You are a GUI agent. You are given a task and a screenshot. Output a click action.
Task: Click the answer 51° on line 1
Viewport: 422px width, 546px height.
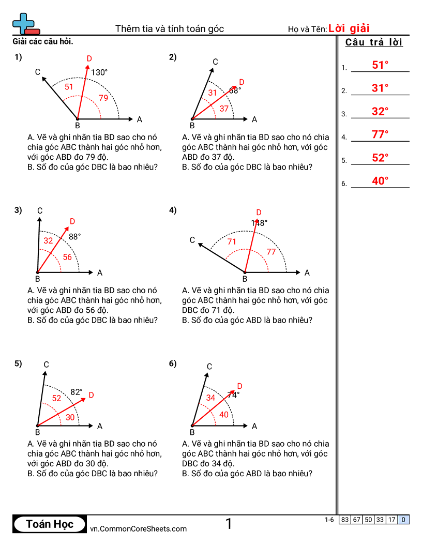(380, 65)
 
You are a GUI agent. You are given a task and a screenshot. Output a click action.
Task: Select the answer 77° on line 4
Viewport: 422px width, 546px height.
(380, 135)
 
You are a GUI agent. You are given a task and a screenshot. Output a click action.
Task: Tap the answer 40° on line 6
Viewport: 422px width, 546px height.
(380, 181)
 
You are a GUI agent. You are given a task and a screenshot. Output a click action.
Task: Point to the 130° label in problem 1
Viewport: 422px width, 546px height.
(99, 72)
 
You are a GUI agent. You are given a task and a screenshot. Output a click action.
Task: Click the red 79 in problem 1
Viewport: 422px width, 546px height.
(103, 98)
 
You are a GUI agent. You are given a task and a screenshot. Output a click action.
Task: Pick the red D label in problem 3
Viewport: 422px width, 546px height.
(72, 221)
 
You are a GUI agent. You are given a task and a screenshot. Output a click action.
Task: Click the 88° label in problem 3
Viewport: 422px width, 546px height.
(75, 236)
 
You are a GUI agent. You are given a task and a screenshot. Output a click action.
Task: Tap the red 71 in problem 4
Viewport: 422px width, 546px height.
(232, 241)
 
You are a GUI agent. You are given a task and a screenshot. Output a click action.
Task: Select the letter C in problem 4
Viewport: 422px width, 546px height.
(192, 240)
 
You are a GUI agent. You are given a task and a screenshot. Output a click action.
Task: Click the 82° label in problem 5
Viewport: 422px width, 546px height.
(77, 392)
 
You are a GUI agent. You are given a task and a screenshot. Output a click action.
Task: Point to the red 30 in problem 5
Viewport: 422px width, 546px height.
(70, 417)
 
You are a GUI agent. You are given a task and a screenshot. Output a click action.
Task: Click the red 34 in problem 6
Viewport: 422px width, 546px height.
(210, 398)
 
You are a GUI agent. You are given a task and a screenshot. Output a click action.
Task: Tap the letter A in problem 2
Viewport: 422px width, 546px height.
(254, 119)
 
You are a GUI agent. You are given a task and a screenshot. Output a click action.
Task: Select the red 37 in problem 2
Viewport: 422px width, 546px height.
(224, 109)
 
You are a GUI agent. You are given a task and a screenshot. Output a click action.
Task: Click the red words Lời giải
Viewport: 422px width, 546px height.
(349, 28)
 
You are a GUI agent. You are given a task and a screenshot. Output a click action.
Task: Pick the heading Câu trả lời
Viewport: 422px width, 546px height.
(374, 42)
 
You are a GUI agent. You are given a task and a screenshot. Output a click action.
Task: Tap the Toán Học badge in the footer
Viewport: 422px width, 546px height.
(50, 524)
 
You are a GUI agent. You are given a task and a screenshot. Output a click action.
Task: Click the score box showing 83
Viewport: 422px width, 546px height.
(345, 520)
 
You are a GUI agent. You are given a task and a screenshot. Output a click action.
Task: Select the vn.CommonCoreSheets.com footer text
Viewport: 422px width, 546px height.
(138, 528)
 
